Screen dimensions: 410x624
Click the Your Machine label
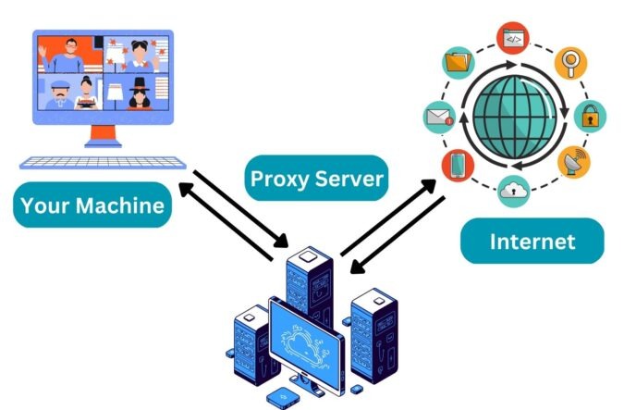click(x=92, y=205)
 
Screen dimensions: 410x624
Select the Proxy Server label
click(x=316, y=178)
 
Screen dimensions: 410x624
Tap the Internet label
click(x=532, y=242)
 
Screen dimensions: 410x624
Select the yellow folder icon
click(x=457, y=63)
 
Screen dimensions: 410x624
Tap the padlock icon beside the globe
click(x=589, y=117)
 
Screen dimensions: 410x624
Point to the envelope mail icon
click(x=436, y=117)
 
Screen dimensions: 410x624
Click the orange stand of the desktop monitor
click(x=101, y=137)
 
